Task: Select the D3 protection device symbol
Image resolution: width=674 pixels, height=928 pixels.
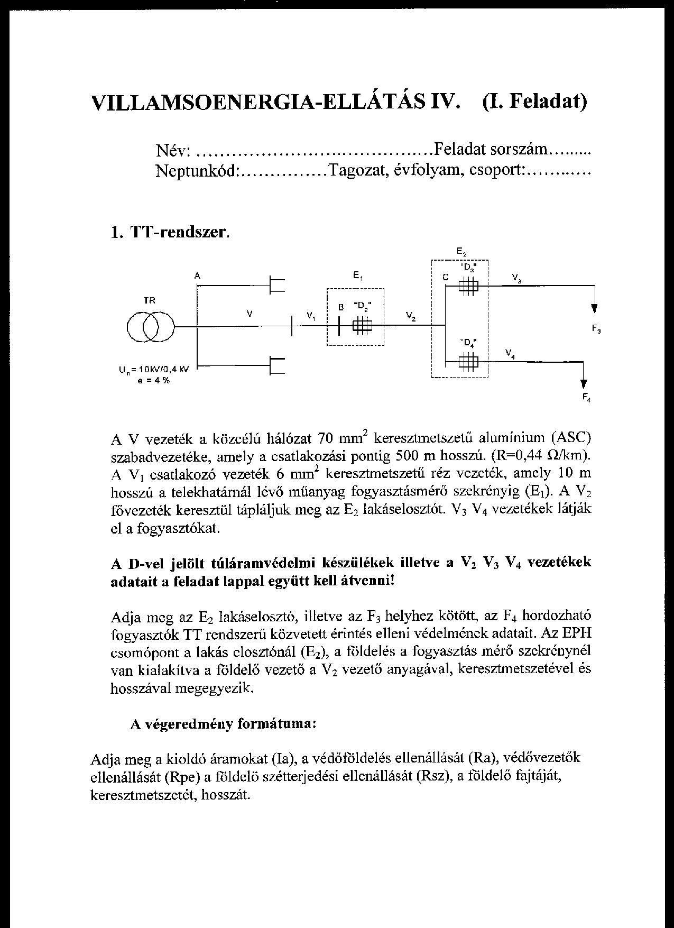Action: pyautogui.click(x=468, y=286)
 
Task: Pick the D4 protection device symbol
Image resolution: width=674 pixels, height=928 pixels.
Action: pyautogui.click(x=468, y=362)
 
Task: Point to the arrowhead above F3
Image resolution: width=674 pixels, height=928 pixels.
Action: pyautogui.click(x=595, y=309)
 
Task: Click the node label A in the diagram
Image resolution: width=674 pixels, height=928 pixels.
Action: pyautogui.click(x=197, y=275)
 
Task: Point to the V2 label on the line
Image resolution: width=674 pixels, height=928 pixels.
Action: pyautogui.click(x=411, y=317)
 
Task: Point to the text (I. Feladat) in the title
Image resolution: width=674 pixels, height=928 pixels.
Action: pyautogui.click(x=534, y=101)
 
